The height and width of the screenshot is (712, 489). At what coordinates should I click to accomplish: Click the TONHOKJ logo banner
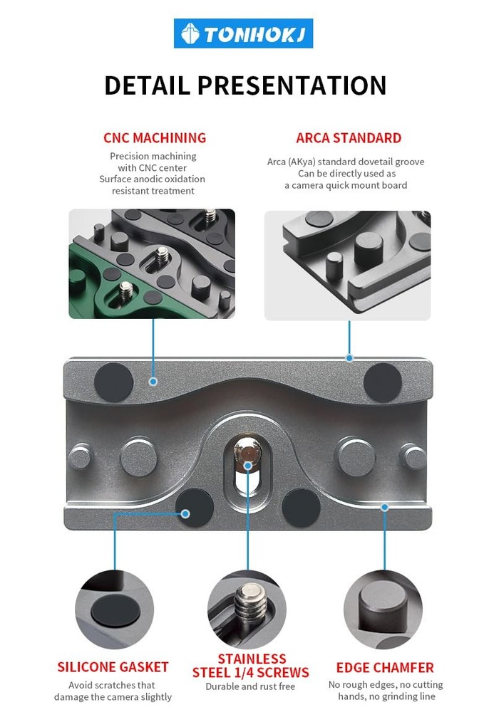pyautogui.click(x=243, y=33)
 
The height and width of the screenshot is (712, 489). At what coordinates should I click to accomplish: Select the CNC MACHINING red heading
pyautogui.click(x=155, y=138)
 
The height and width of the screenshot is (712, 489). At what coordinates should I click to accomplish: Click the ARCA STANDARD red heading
pyautogui.click(x=349, y=138)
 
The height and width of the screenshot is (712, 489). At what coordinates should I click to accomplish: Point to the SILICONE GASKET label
pyautogui.click(x=113, y=667)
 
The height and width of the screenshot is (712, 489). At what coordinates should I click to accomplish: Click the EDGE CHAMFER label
pyautogui.click(x=385, y=668)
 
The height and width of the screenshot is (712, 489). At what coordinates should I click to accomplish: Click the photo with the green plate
pyautogui.click(x=152, y=263)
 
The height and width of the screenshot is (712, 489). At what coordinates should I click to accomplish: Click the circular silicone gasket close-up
pyautogui.click(x=115, y=609)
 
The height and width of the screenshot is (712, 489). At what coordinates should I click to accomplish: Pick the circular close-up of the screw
pyautogui.click(x=247, y=609)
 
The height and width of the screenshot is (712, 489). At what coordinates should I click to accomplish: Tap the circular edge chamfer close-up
pyautogui.click(x=383, y=609)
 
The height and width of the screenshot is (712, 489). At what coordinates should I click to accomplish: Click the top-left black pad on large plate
pyautogui.click(x=114, y=382)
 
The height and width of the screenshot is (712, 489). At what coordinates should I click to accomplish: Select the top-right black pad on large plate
pyautogui.click(x=382, y=382)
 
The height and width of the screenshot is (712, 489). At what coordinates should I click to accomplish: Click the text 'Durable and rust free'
pyautogui.click(x=250, y=687)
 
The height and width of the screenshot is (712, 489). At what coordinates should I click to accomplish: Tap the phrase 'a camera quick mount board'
pyautogui.click(x=346, y=185)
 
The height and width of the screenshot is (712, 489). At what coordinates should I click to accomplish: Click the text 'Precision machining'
pyautogui.click(x=153, y=156)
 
